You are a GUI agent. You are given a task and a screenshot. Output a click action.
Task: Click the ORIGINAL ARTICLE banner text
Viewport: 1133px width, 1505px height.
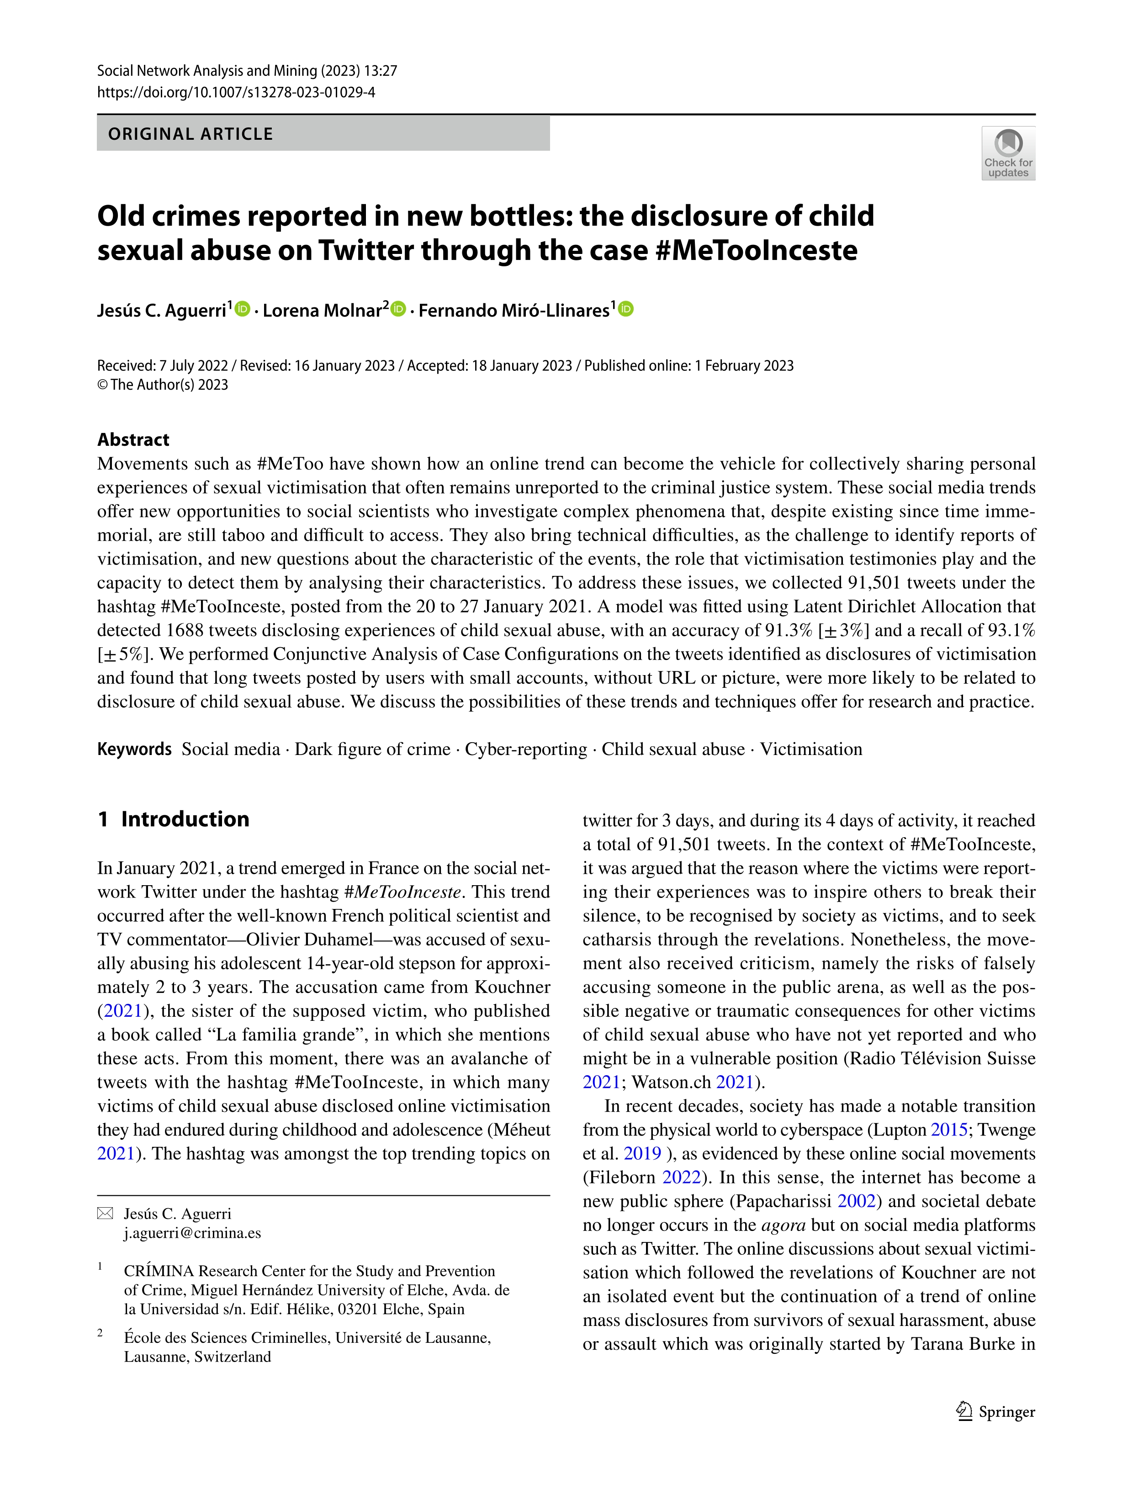(x=191, y=134)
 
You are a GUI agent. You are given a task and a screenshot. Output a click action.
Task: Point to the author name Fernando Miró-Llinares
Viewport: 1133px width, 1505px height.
(x=514, y=311)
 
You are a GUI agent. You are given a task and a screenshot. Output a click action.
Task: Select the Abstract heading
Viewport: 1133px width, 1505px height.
(x=133, y=439)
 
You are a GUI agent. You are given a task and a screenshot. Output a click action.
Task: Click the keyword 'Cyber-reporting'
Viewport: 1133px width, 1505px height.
(x=525, y=749)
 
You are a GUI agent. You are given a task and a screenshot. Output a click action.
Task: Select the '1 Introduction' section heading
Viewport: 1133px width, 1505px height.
(x=174, y=819)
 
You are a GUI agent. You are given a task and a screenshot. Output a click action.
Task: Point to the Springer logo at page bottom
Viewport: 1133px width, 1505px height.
(x=995, y=1412)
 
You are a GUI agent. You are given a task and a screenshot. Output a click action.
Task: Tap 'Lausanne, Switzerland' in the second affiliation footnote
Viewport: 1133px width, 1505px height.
(x=197, y=1357)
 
